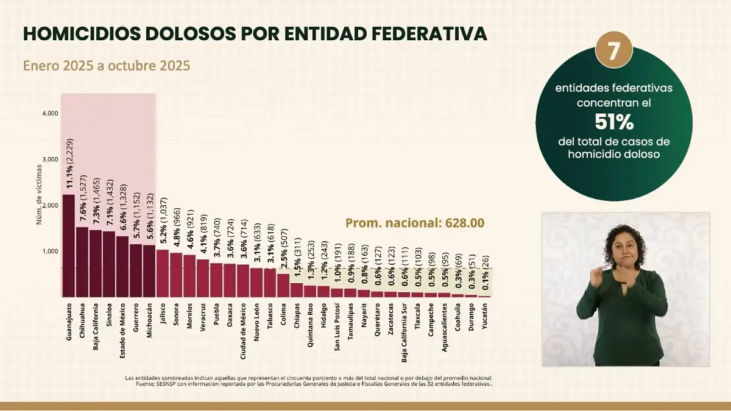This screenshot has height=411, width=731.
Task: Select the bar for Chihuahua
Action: point(82,262)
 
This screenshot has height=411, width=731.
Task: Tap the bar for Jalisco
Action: point(163,273)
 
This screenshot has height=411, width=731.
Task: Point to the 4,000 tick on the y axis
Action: point(50,113)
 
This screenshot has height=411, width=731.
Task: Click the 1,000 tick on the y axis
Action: point(50,251)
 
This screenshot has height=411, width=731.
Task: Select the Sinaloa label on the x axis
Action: point(109,316)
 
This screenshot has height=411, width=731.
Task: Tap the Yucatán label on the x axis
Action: point(485,317)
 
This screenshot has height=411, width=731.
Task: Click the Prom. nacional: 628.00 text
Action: point(415,223)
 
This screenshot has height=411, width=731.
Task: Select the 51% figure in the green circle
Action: point(614,122)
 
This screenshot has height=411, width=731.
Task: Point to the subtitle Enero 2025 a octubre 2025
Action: point(107,65)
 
